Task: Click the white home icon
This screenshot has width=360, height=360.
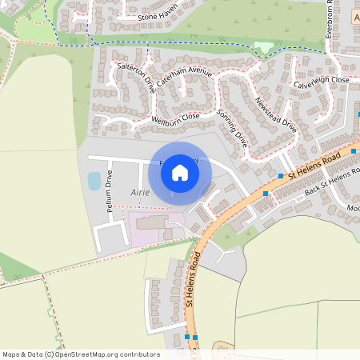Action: [180, 172]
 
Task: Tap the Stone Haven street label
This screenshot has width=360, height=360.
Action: [157, 17]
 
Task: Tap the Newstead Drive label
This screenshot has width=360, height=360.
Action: [275, 114]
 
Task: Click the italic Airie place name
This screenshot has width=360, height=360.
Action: [139, 193]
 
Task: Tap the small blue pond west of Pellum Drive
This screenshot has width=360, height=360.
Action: [94, 182]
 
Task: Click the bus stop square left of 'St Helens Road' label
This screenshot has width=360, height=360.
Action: [281, 176]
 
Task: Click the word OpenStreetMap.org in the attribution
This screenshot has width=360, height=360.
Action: [90, 354]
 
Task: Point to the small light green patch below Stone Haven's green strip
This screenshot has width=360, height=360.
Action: [265, 48]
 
